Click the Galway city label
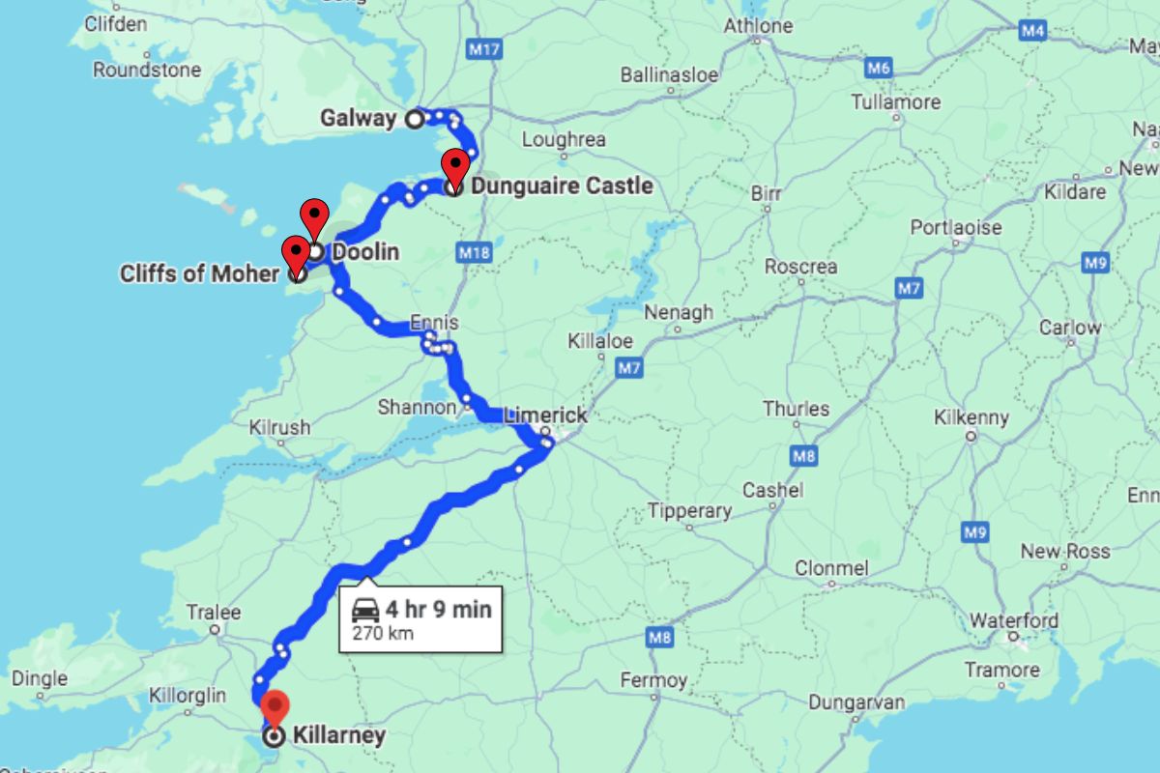pyautogui.click(x=358, y=119)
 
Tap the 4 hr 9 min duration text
pyautogui.click(x=439, y=609)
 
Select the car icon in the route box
pyautogui.click(x=365, y=610)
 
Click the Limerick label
pyautogui.click(x=544, y=415)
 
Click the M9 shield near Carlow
pyautogui.click(x=1095, y=261)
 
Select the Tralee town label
pyautogui.click(x=214, y=612)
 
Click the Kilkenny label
pyautogui.click(x=971, y=417)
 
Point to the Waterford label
pyautogui.click(x=1014, y=619)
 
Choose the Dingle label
pyautogui.click(x=40, y=678)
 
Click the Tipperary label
pyautogui.click(x=689, y=510)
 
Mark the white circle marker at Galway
pyautogui.click(x=414, y=119)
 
